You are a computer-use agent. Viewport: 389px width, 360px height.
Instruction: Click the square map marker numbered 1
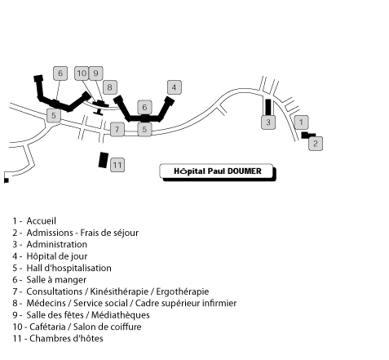pyautogui.click(x=301, y=122)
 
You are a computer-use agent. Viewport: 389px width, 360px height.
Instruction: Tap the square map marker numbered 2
pyautogui.click(x=316, y=144)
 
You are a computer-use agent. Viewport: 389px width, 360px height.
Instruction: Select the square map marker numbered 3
pyautogui.click(x=268, y=122)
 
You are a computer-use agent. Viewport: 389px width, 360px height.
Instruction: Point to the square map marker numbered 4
pyautogui.click(x=175, y=87)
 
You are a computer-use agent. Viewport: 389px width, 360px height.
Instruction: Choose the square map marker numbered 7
pyautogui.click(x=117, y=129)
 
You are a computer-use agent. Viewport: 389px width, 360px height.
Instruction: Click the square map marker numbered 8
pyautogui.click(x=110, y=87)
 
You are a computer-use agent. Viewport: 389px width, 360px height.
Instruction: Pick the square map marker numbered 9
pyautogui.click(x=95, y=73)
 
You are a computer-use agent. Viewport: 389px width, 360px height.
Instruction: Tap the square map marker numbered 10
pyautogui.click(x=82, y=73)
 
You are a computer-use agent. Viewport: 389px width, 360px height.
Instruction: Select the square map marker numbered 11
pyautogui.click(x=117, y=165)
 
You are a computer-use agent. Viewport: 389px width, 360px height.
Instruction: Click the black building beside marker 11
pyautogui.click(x=104, y=160)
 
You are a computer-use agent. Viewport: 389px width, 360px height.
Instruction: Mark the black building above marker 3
pyautogui.click(x=268, y=107)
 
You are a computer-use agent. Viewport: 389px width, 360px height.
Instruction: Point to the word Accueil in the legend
pyautogui.click(x=42, y=221)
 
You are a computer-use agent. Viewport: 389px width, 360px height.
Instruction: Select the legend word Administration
pyautogui.click(x=57, y=244)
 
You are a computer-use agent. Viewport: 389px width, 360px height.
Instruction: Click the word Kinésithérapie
pyautogui.click(x=119, y=291)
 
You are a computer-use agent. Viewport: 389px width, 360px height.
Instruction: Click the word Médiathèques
pyautogui.click(x=121, y=315)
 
